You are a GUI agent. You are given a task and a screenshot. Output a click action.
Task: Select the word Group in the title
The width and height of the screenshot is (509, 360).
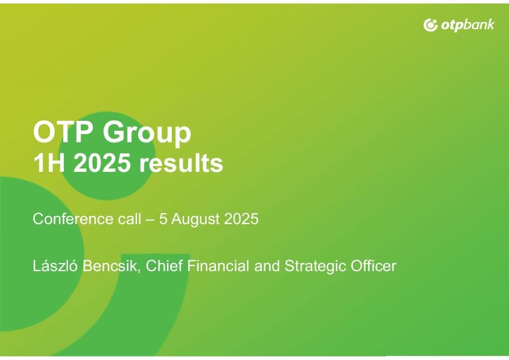[147, 133]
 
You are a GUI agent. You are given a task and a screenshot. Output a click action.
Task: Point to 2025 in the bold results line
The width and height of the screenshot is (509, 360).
[102, 163]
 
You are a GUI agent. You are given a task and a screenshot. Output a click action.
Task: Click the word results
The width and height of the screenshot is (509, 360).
[181, 163]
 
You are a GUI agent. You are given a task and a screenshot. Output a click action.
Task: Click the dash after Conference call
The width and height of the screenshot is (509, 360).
[150, 219]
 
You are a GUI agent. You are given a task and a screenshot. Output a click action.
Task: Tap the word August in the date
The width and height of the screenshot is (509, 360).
[196, 219]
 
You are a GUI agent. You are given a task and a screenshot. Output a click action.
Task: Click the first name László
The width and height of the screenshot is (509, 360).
[55, 265]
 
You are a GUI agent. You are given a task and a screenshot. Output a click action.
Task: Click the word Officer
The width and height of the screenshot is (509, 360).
[373, 266]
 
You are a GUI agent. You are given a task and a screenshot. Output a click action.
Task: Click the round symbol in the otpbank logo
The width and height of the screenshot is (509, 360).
[431, 26]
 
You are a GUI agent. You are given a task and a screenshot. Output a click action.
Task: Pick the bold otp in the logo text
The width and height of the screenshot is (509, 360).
[452, 26]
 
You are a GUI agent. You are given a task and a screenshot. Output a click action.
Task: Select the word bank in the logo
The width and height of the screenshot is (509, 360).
[479, 24]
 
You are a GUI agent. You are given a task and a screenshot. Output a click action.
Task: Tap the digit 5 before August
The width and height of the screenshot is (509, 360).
[163, 219]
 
